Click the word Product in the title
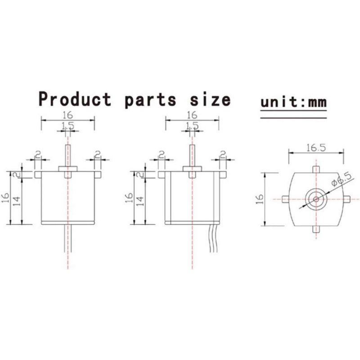point(75,99)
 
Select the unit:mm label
point(293,102)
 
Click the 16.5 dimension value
point(316,148)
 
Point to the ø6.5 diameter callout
point(342,179)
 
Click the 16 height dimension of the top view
point(260,199)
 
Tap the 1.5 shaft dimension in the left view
point(68,126)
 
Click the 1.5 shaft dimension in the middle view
point(192,126)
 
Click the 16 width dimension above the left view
point(68,115)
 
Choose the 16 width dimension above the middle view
point(192,115)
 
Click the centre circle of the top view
point(316,199)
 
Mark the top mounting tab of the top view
point(316,170)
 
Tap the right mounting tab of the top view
point(346,199)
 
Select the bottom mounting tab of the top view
point(316,229)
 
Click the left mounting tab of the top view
point(285,199)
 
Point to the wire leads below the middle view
point(213,238)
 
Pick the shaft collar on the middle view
point(192,169)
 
